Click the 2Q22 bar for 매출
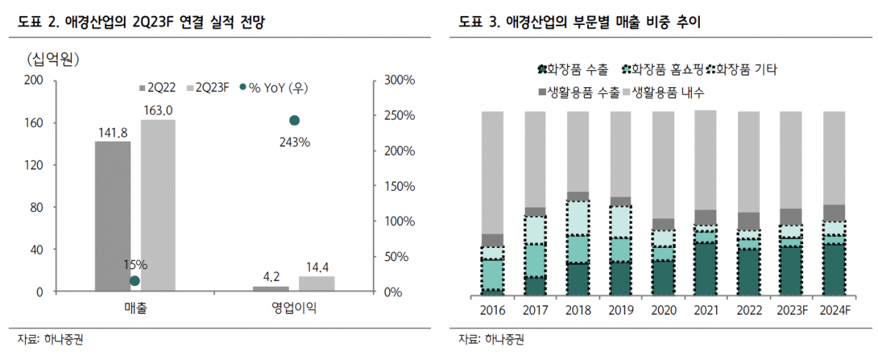tap(113, 216)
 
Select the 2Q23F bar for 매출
tap(158, 205)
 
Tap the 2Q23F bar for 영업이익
tap(316, 284)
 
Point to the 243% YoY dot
tap(295, 120)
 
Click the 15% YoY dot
tap(134, 280)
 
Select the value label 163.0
tap(158, 110)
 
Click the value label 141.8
tap(113, 132)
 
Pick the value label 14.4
tap(316, 267)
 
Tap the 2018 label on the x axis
tap(578, 310)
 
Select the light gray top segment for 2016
tap(493, 172)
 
